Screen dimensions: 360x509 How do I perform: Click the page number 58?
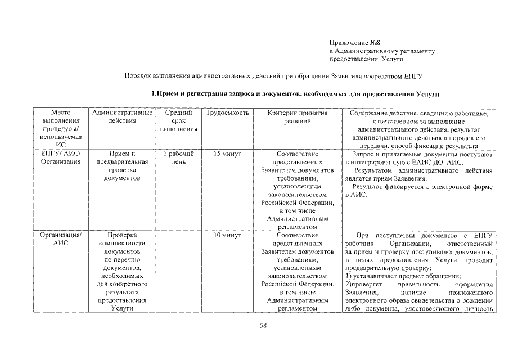click(263, 326)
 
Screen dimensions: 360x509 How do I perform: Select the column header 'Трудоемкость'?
click(227, 113)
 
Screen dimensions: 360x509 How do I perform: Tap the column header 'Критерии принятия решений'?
click(290, 117)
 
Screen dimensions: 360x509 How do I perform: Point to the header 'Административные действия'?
click(121, 117)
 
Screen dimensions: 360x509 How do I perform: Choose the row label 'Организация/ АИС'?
click(61, 240)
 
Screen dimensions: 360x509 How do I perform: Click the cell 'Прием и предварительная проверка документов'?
click(121, 165)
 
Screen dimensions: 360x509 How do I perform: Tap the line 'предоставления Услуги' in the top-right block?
click(366, 58)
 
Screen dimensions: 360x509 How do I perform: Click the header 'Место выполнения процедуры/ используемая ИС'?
click(61, 129)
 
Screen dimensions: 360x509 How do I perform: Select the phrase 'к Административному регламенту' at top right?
click(381, 51)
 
